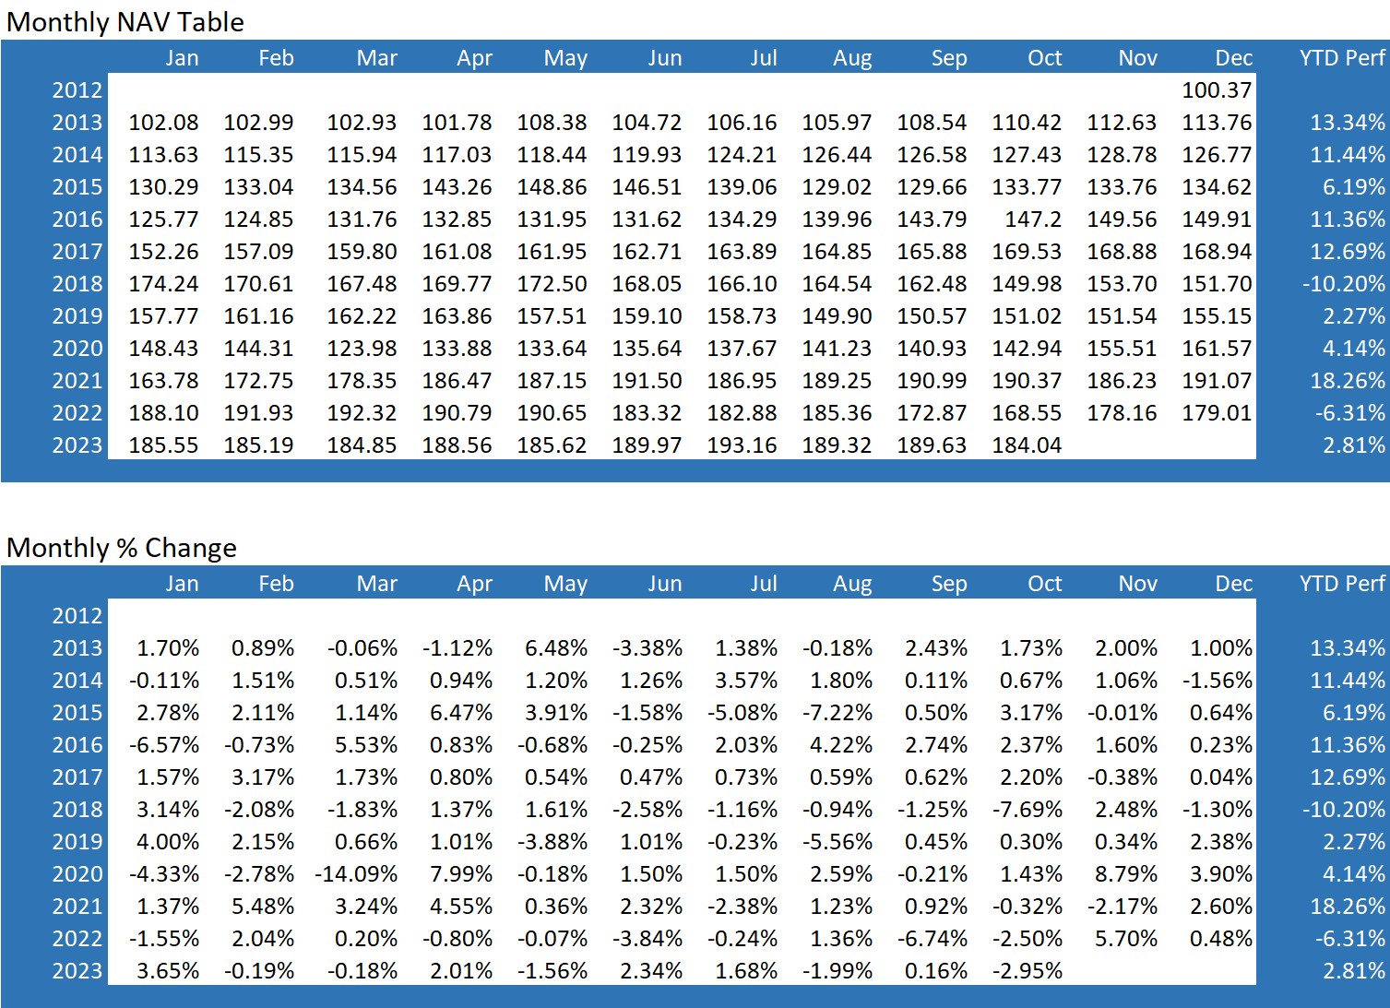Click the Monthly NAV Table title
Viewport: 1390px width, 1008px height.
(125, 22)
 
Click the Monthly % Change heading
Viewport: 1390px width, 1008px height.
(122, 548)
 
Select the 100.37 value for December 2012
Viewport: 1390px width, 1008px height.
(1217, 90)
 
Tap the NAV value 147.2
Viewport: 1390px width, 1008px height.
(1033, 219)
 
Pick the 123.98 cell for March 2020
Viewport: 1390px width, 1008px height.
(362, 349)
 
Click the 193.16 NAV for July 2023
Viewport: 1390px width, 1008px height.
(742, 445)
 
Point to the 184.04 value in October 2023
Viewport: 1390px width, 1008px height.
(1027, 445)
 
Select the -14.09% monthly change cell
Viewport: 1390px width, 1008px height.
(356, 874)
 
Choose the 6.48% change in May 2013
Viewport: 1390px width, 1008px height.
(555, 648)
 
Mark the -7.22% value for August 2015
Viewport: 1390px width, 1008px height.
(837, 713)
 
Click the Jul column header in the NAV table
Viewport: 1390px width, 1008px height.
(763, 58)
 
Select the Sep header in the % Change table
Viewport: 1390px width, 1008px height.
(948, 584)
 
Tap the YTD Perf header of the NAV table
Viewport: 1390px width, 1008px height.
(1342, 58)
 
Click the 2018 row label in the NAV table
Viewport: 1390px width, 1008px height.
(77, 284)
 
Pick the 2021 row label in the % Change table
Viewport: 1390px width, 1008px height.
(77, 907)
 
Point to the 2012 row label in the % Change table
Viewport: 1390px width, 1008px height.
(77, 616)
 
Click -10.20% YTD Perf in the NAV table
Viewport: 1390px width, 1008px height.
(1343, 284)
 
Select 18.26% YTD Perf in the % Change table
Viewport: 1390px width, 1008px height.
(1347, 907)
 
